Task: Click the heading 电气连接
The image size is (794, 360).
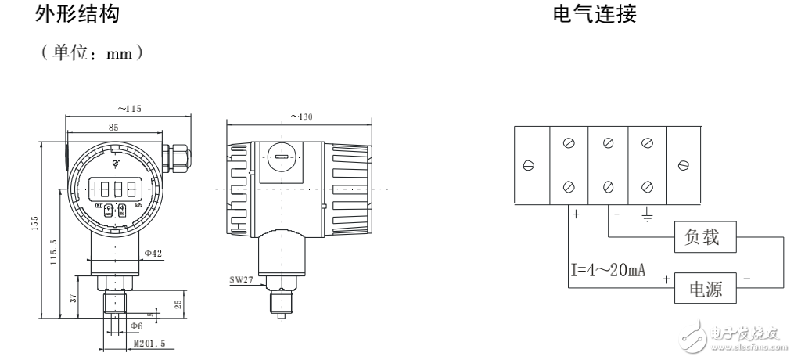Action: click(x=594, y=15)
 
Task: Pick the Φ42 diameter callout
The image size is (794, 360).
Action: click(x=155, y=253)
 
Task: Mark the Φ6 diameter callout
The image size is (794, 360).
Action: click(x=136, y=326)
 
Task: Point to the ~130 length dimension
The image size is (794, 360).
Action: click(x=301, y=116)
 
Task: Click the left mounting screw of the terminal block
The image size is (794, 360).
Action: click(x=529, y=165)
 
